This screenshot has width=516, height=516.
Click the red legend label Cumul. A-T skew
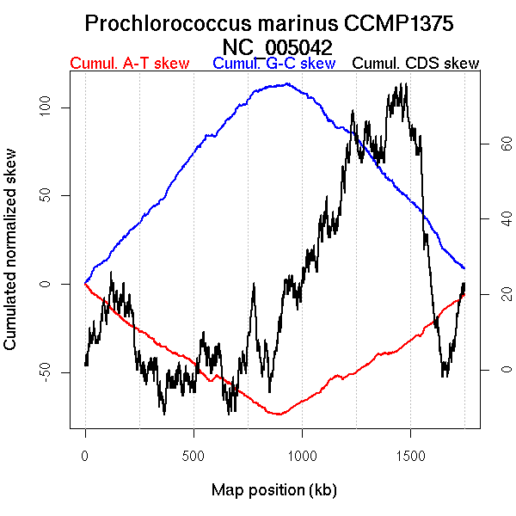coord(129,63)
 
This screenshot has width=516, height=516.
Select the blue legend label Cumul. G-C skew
coord(273,63)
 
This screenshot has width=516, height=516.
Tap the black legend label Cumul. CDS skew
coord(416,63)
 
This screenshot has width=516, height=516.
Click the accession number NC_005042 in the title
coord(277,46)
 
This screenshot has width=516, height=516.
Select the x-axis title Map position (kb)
coord(274,490)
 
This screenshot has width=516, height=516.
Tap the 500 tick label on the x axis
coord(193,454)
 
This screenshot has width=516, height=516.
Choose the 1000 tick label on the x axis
coord(302,454)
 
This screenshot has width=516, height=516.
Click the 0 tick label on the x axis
coord(85,454)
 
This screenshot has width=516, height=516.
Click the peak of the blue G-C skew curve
coord(286,83)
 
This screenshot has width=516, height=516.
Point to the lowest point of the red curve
coord(278,415)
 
